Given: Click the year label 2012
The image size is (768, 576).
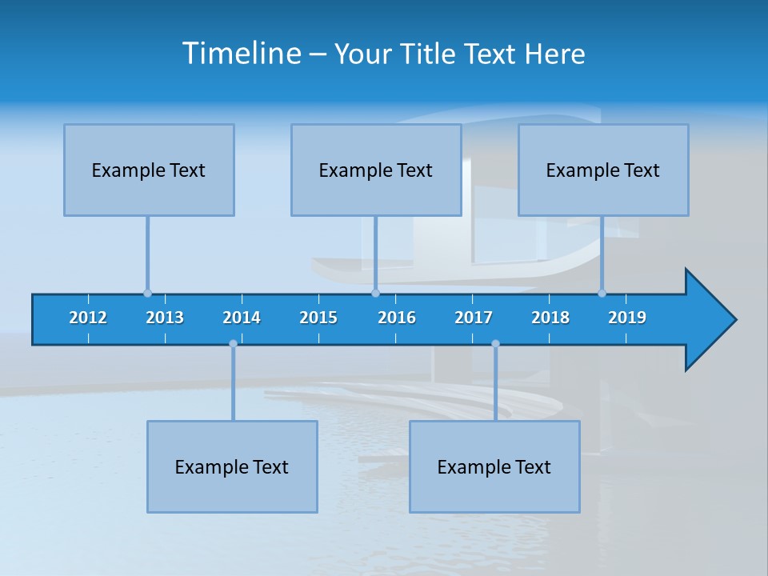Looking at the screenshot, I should [x=88, y=318].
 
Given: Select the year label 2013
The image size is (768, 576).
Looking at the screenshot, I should [x=165, y=318].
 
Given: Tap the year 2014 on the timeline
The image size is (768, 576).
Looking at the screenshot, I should [x=242, y=318].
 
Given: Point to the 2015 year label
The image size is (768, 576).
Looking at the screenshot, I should [x=318, y=318].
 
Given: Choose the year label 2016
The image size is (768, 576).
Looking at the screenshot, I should [x=397, y=318].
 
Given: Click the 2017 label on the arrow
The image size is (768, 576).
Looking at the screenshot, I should [x=474, y=318].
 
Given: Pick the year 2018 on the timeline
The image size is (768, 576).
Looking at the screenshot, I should [x=550, y=318].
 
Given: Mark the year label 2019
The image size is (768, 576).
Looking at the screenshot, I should [x=627, y=318].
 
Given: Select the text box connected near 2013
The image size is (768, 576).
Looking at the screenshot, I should [x=149, y=170].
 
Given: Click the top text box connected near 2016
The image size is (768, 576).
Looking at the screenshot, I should [x=376, y=170].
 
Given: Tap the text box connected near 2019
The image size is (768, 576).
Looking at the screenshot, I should [x=603, y=170].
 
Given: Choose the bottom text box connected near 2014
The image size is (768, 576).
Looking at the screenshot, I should [x=232, y=466].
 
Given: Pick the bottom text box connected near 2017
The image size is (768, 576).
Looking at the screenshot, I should [x=494, y=466].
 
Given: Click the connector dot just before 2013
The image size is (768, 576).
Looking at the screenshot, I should [x=147, y=293].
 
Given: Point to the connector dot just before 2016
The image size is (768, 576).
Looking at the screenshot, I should [x=375, y=293].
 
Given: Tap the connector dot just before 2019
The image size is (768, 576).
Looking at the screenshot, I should [x=602, y=293].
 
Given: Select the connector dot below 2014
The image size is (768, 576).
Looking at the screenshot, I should [x=233, y=344].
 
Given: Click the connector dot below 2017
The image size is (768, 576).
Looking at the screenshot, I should [x=495, y=344].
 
